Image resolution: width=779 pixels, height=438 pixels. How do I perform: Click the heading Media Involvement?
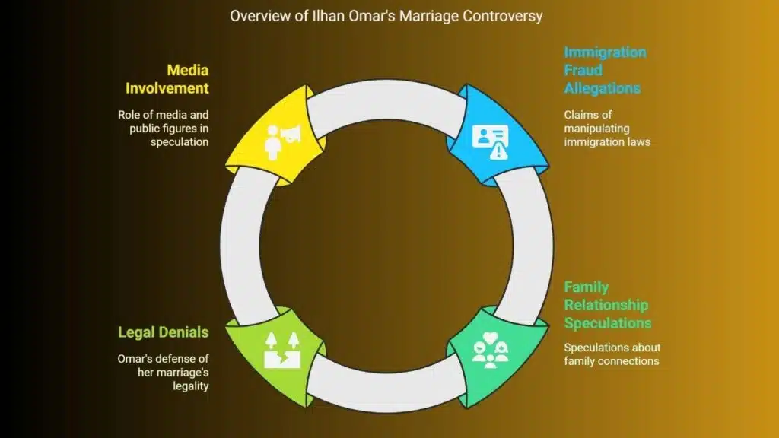tap(167, 79)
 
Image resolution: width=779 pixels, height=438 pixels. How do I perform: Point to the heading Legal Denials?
tap(163, 332)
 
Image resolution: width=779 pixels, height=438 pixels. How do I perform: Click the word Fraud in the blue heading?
tap(583, 70)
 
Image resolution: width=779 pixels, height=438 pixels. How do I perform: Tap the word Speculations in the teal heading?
tap(607, 322)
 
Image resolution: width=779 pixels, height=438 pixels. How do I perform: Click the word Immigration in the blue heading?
tap(605, 52)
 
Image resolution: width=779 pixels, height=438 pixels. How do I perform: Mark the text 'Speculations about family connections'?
tap(611, 354)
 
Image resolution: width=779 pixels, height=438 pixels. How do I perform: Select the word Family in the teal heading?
tap(586, 287)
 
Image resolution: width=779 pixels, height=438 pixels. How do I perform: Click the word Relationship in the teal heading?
tap(606, 305)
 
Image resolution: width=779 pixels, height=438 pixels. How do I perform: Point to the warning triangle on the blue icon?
tap(498, 152)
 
